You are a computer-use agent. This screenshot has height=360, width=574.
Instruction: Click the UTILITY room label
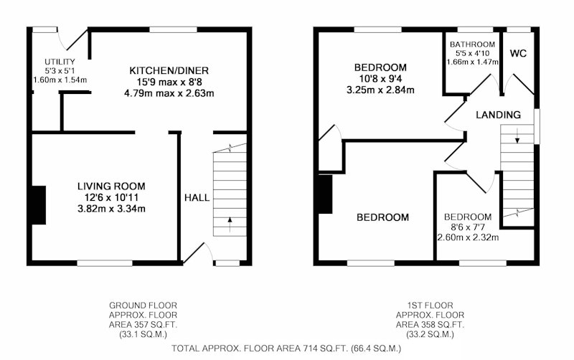click(x=60, y=62)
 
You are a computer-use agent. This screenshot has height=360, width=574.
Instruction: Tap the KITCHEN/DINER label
click(x=169, y=70)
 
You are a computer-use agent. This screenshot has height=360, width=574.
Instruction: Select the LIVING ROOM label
click(x=111, y=186)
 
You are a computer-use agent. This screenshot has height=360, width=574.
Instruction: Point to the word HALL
click(x=197, y=198)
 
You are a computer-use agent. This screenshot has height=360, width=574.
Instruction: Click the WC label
click(x=518, y=53)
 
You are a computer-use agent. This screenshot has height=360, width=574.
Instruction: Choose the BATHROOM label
click(x=472, y=44)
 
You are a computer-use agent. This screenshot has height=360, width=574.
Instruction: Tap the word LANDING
click(x=498, y=115)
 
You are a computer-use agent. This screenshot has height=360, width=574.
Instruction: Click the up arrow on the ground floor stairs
click(x=230, y=224)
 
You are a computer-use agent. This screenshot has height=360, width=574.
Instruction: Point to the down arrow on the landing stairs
click(x=517, y=136)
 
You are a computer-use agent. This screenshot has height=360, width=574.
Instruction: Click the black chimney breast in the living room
click(x=39, y=205)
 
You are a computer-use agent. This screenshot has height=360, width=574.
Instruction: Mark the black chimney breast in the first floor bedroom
click(x=326, y=194)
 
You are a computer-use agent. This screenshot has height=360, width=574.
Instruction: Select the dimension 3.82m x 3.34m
click(x=111, y=209)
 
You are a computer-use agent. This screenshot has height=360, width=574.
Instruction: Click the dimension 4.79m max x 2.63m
click(x=169, y=93)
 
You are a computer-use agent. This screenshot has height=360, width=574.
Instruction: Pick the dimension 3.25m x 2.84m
click(x=380, y=90)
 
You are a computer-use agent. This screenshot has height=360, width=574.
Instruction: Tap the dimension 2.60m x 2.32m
click(x=468, y=237)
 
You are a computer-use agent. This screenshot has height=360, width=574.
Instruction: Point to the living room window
click(x=105, y=263)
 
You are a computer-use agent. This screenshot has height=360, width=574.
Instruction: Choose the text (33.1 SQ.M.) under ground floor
click(x=143, y=334)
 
